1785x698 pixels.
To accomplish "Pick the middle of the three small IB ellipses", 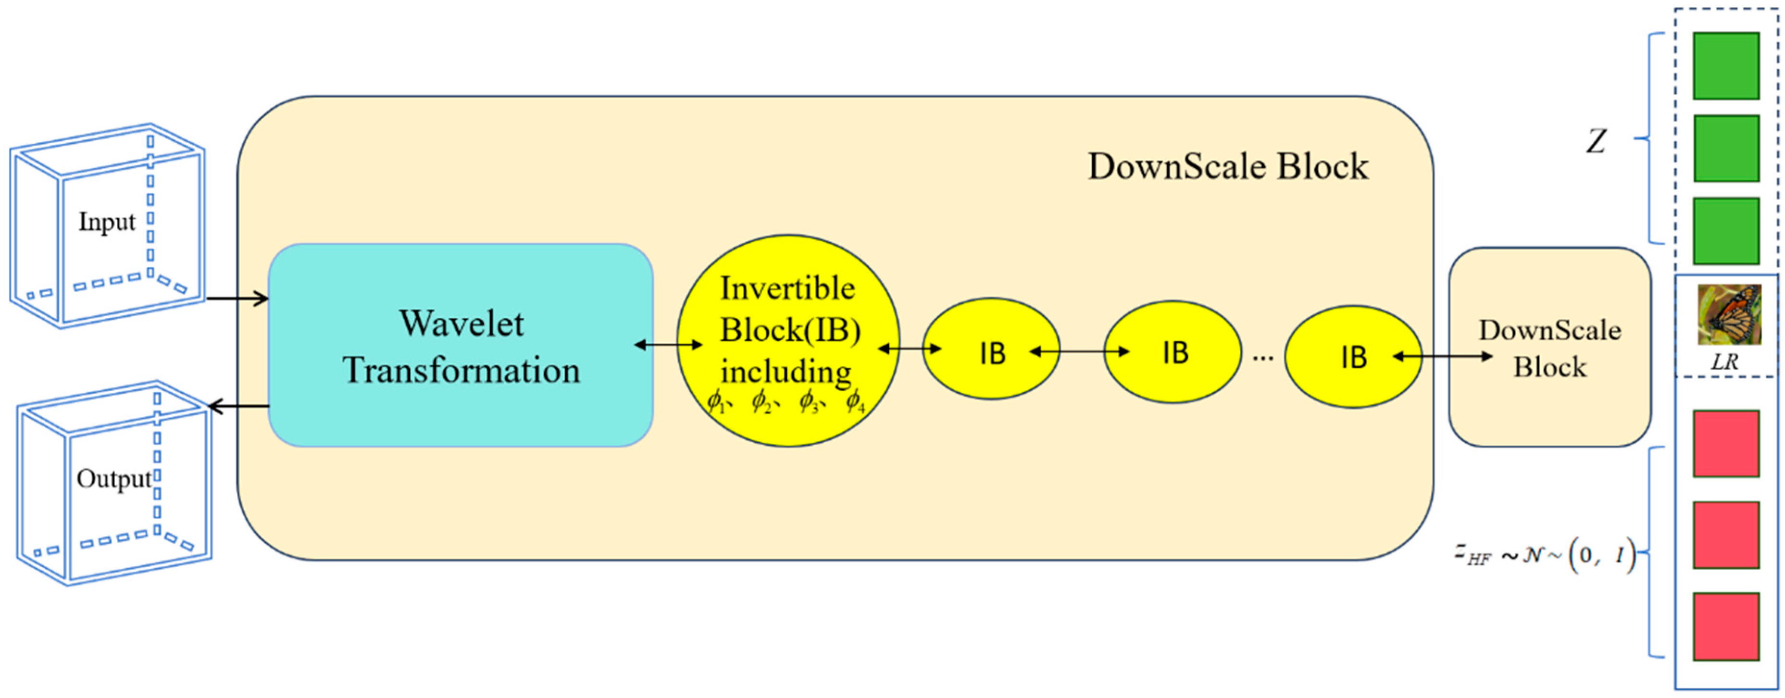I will [x=1173, y=352].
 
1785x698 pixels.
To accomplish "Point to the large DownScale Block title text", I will [x=1228, y=167].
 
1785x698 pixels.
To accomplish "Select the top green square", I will [x=1726, y=66].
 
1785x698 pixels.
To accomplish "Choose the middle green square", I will [x=1726, y=149].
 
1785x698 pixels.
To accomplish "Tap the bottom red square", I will [x=1726, y=626].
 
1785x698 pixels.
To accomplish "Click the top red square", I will [x=1726, y=444].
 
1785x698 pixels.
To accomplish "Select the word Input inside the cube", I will [x=107, y=222].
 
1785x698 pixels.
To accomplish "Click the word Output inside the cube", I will [x=113, y=479].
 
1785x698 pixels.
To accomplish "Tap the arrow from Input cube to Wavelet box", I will [x=237, y=299].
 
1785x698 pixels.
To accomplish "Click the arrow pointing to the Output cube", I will [x=238, y=407].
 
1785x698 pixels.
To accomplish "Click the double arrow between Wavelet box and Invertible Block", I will [x=669, y=345].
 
